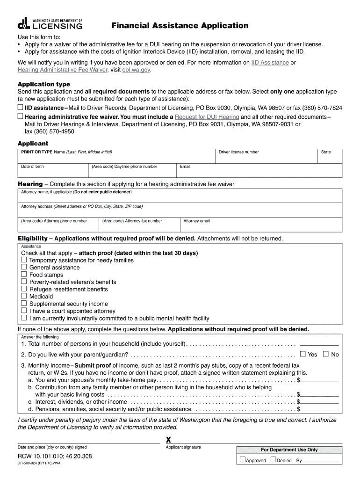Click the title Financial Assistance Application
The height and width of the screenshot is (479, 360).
click(x=180, y=26)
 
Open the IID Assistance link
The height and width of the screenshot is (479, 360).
click(x=270, y=62)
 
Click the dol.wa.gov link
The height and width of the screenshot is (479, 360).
click(x=137, y=70)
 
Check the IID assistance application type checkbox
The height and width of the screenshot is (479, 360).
click(x=21, y=107)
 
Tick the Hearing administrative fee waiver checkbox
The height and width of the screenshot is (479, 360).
click(x=21, y=116)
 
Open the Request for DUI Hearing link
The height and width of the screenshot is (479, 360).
click(x=207, y=116)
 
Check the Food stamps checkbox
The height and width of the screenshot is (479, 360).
click(x=24, y=275)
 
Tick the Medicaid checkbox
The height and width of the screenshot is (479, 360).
click(x=24, y=296)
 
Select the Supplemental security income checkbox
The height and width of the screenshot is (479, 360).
click(x=24, y=304)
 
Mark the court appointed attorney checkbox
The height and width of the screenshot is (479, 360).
click(x=24, y=311)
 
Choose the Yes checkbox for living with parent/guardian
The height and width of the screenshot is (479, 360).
click(x=302, y=354)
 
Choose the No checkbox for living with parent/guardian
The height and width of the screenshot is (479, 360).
click(x=326, y=354)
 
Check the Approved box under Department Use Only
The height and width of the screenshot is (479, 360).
click(x=243, y=460)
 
